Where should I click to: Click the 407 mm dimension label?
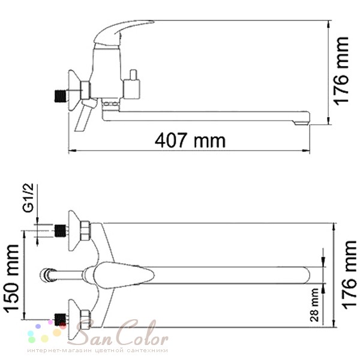[190, 140]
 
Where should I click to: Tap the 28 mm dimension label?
[314, 305]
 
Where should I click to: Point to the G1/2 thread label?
[28, 197]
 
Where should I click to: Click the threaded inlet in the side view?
[61, 96]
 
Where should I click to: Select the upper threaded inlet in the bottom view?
[61, 231]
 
